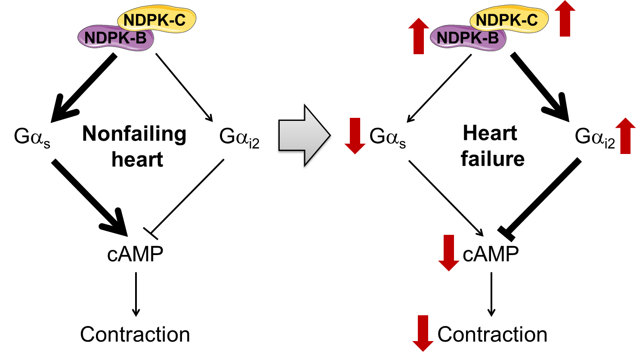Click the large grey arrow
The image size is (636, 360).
[303, 135]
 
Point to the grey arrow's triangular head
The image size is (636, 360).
[316, 135]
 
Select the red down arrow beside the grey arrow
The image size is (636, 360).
[355, 135]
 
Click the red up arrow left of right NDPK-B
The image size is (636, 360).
[419, 36]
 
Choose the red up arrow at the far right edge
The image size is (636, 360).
[625, 135]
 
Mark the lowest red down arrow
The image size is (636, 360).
[423, 333]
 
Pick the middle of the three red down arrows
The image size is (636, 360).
[449, 253]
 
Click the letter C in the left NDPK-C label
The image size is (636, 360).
[180, 20]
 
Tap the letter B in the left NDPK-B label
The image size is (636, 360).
[141, 38]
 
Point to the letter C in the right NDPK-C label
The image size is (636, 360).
[532, 20]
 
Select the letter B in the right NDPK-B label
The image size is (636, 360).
[494, 38]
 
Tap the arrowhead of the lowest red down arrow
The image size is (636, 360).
[423, 346]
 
